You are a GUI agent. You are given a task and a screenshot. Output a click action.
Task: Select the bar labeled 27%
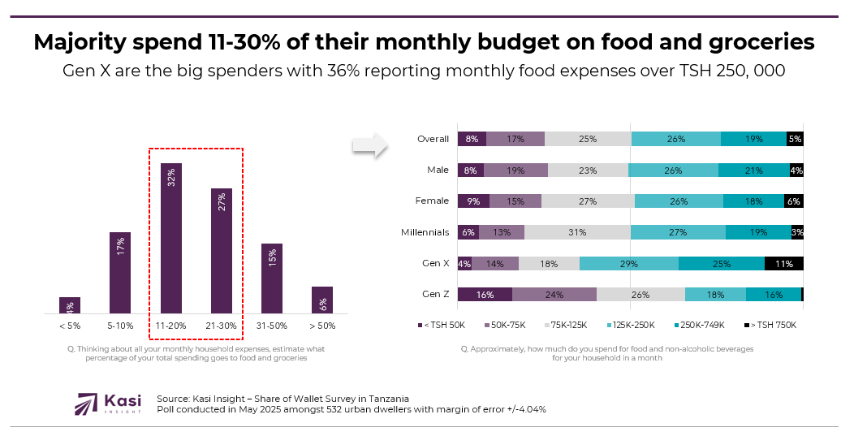click(222, 251)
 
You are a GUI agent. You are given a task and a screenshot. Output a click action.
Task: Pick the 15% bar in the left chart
click(272, 278)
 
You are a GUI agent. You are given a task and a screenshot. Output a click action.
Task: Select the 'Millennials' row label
click(425, 232)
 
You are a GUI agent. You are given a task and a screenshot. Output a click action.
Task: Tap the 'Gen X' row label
click(435, 263)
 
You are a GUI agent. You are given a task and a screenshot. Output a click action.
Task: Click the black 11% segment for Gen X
click(783, 263)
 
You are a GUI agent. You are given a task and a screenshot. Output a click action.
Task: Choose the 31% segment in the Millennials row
click(577, 232)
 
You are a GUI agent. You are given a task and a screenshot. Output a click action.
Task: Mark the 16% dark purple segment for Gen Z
click(485, 294)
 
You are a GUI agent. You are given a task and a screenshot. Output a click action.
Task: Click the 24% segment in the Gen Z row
click(554, 294)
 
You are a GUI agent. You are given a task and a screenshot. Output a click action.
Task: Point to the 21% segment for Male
click(753, 170)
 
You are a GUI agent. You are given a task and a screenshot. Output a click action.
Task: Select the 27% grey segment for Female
click(588, 201)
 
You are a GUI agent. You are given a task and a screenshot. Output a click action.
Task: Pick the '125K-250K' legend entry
click(632, 325)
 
